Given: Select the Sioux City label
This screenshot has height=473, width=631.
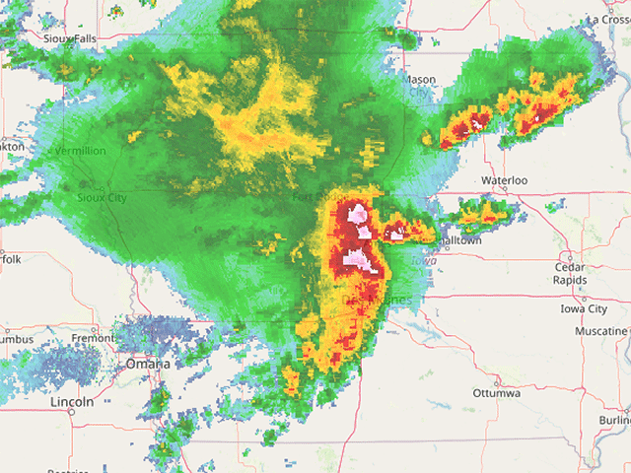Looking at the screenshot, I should click(103, 197).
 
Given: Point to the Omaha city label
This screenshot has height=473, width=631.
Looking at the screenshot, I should click(147, 364).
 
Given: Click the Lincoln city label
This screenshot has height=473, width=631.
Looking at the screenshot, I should click(72, 402).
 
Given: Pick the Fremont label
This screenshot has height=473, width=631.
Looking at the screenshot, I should click(93, 338).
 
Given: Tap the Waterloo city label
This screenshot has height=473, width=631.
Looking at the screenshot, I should click(505, 180).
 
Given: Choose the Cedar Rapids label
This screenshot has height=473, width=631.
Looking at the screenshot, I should click(571, 273).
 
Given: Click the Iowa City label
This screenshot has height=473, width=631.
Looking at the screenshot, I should click(584, 308).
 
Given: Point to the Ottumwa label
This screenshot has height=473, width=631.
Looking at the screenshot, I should click(496, 393).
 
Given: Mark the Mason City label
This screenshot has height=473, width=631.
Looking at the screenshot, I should click(420, 86).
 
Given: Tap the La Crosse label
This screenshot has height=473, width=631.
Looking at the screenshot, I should click(607, 19).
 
